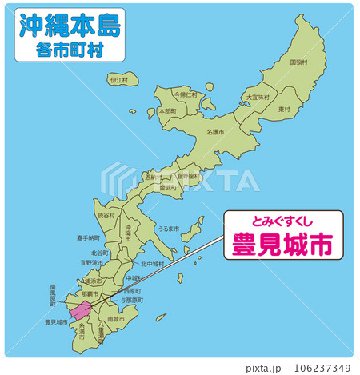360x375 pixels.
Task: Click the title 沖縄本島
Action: click(x=70, y=26)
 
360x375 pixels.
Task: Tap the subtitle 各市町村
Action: click(x=70, y=50)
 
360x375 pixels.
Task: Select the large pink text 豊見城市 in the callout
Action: click(x=282, y=243)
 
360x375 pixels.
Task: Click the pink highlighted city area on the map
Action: click(x=80, y=310)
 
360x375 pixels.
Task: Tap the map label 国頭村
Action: click(x=298, y=62)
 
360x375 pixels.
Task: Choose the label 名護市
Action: click(x=215, y=131)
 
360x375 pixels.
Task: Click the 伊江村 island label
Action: click(x=118, y=80)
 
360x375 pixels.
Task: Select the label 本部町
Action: click(x=167, y=111)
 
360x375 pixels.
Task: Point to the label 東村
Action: click(x=284, y=108)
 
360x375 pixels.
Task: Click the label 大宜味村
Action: click(x=258, y=97)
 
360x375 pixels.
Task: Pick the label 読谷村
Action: click(x=106, y=215)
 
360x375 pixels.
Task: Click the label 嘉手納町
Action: click(x=89, y=237)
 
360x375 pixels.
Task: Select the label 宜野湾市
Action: click(x=92, y=261)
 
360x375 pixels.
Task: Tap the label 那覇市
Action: click(x=89, y=293)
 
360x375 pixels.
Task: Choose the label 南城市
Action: click(x=115, y=318)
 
